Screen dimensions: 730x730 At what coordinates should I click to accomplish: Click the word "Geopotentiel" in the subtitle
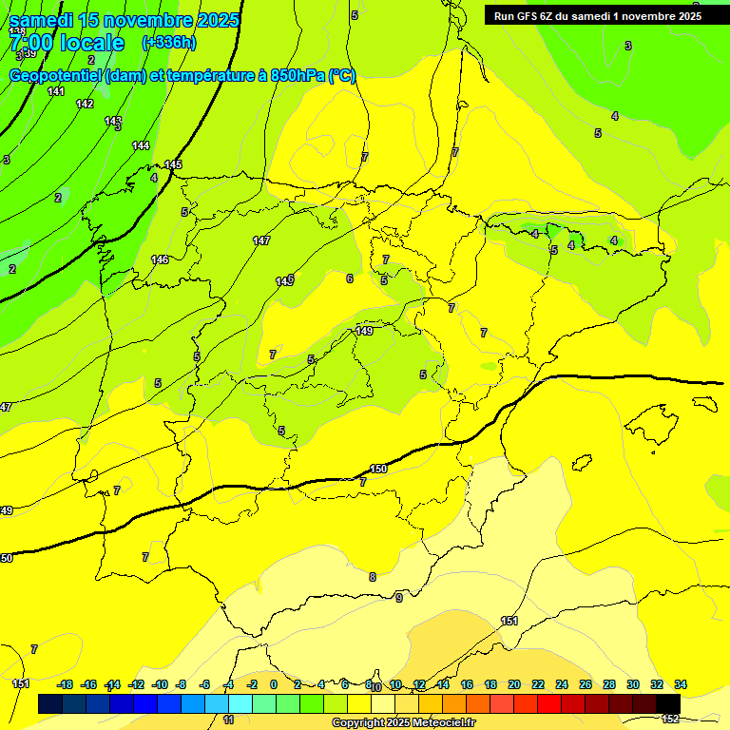(x=56, y=75)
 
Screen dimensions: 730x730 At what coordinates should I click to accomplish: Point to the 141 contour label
(x=56, y=91)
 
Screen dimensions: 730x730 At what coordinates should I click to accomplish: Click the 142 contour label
(x=85, y=104)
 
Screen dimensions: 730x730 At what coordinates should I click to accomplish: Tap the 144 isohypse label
(x=141, y=145)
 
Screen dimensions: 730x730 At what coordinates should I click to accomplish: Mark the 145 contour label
(x=173, y=164)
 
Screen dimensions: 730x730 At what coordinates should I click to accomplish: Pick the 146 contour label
(x=160, y=259)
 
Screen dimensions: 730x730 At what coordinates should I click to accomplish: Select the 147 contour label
(x=261, y=240)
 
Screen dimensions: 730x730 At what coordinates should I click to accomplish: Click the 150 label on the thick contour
(x=378, y=469)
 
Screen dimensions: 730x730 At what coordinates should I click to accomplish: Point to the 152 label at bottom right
(x=670, y=719)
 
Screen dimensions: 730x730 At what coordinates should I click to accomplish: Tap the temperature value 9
(x=399, y=597)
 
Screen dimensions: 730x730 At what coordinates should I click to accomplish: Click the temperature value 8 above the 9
(x=372, y=577)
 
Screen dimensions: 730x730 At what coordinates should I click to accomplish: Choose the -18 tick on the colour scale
(x=65, y=684)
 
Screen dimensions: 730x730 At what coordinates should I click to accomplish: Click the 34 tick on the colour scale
(x=681, y=684)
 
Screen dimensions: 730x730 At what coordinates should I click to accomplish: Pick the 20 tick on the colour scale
(x=514, y=684)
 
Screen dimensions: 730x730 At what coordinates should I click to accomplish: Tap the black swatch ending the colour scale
(x=668, y=703)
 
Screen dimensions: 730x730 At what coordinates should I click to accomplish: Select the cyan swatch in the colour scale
(x=240, y=703)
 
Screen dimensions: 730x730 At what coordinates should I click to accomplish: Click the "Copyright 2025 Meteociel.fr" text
(x=403, y=722)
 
